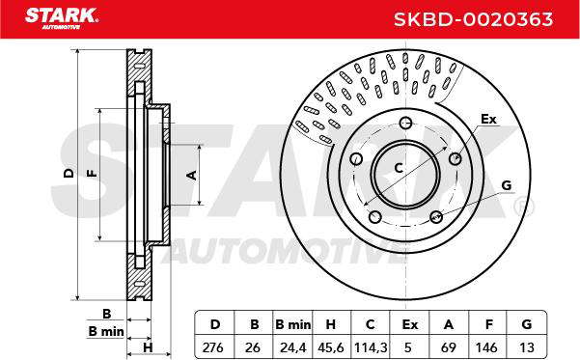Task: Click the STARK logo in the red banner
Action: point(62,17)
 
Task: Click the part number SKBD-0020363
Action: point(473,19)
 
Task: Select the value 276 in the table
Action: point(213,347)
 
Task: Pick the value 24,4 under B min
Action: point(293,347)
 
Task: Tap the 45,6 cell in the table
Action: point(331,347)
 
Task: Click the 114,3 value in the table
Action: point(371,347)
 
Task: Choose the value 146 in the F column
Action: point(486,347)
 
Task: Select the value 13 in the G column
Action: point(527,347)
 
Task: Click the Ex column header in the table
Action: point(410,324)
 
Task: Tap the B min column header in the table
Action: point(293,324)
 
